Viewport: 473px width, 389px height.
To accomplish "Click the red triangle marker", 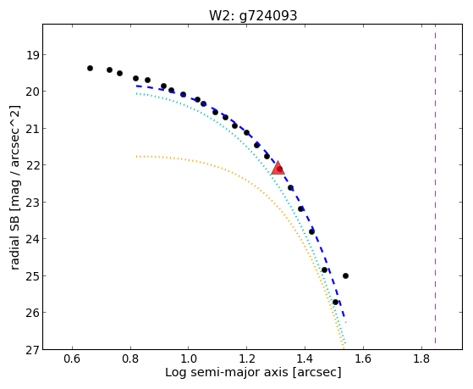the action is click(278, 169).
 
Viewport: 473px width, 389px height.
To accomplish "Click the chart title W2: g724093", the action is click(253, 15).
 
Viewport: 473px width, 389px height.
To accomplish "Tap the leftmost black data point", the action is click(90, 69).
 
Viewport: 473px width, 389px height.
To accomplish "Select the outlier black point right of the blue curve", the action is click(346, 275).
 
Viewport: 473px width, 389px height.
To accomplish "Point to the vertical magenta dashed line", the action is click(435, 184).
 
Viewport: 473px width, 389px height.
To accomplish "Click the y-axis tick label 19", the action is click(33, 55).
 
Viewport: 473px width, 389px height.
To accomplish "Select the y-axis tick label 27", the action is click(33, 350).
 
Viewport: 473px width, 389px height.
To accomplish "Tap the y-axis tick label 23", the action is click(33, 203).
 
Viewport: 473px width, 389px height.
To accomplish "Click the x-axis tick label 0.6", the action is click(72, 358).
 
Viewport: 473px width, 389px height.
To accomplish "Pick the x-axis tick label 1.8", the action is click(421, 358).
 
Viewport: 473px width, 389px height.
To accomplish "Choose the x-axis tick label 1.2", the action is click(247, 358).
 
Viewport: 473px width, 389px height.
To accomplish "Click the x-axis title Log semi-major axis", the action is click(227, 372).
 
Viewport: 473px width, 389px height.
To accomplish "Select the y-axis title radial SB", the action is click(14, 241).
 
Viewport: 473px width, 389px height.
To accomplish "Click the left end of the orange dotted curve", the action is click(136, 156).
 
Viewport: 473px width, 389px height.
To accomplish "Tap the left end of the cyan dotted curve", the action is click(136, 93).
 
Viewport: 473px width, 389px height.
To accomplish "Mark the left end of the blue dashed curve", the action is click(136, 86).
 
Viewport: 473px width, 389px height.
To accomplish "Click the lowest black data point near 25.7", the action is click(335, 302).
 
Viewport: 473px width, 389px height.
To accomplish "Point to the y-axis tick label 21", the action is click(33, 129).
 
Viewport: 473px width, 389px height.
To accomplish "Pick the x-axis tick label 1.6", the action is click(363, 358).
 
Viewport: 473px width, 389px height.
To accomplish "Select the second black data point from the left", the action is click(109, 69).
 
